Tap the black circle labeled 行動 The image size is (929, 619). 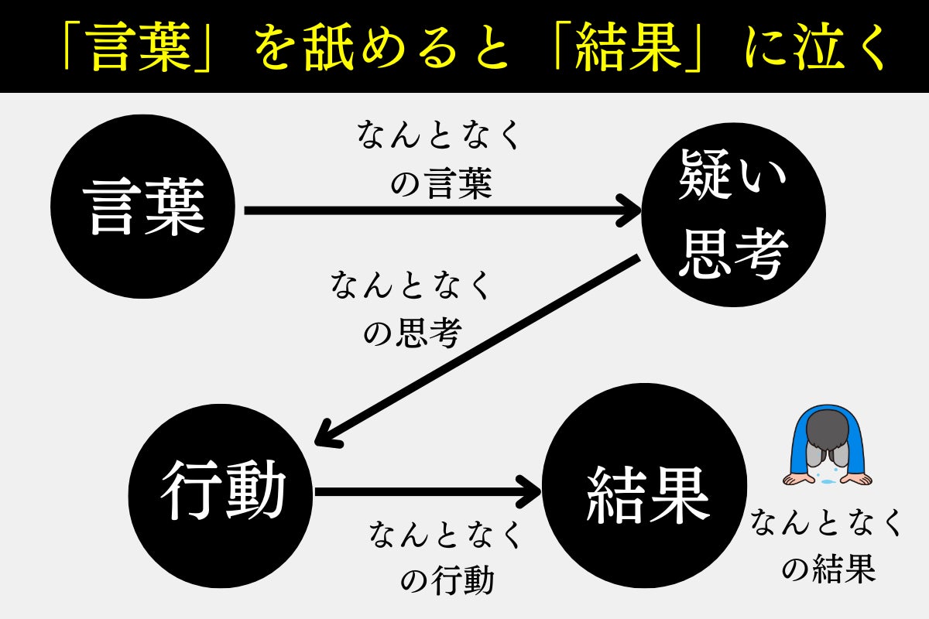pos(221,491)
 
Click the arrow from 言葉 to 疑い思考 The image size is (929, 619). pos(441,210)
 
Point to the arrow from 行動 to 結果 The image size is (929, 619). pos(426,491)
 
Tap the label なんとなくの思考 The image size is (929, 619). pos(412,308)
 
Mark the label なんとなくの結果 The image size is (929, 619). pos(827,546)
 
